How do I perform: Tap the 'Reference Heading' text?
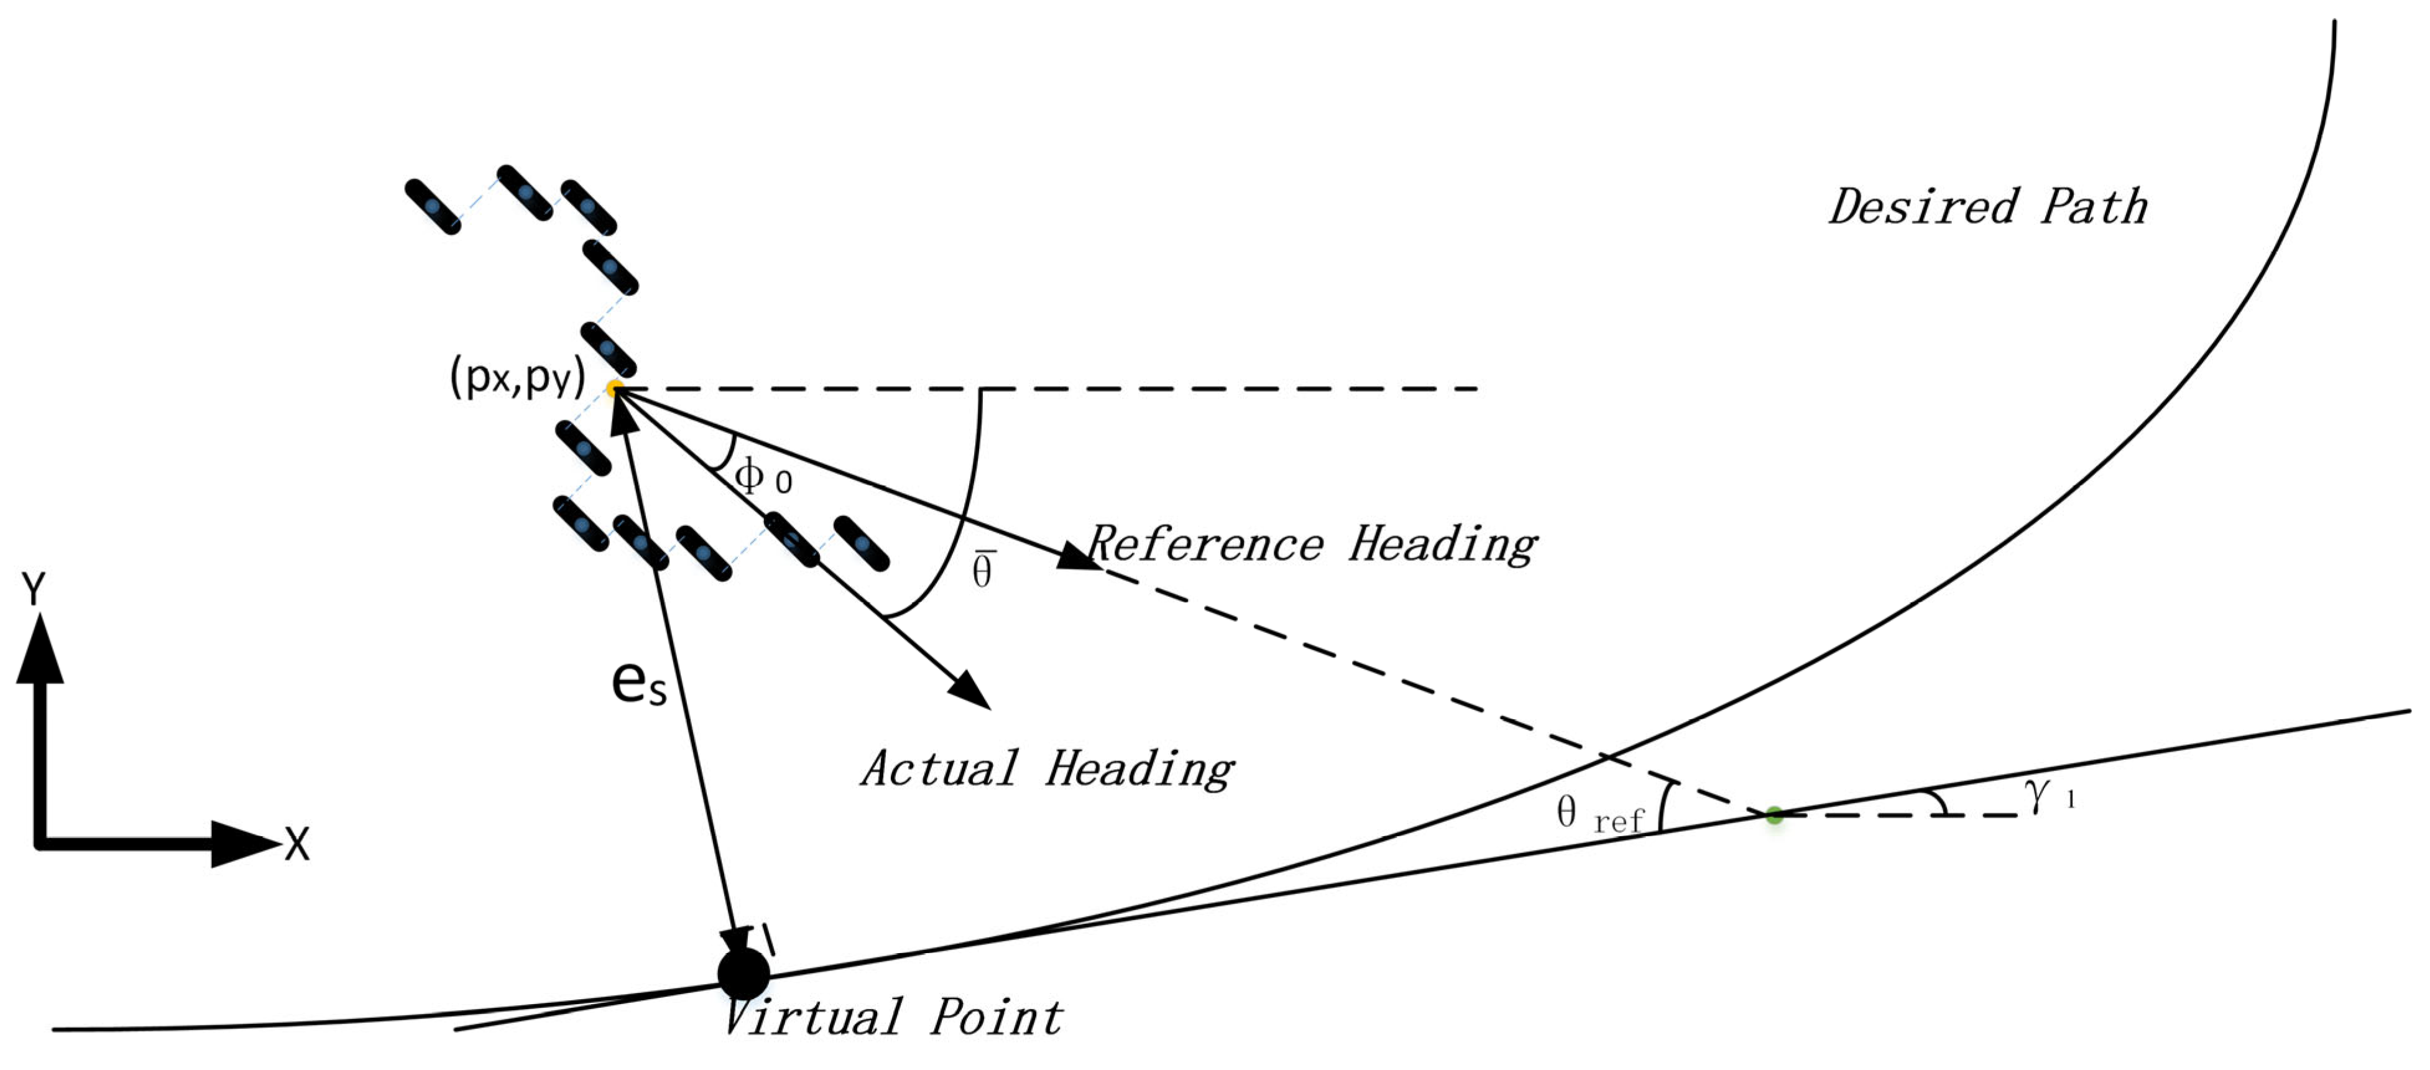coord(1313,545)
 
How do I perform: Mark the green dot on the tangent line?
coord(1774,815)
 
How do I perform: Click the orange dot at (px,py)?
coord(614,389)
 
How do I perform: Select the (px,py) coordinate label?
coord(518,377)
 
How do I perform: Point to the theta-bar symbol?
coord(983,569)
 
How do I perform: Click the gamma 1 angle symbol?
coord(2048,795)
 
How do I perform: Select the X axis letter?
coord(297,844)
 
